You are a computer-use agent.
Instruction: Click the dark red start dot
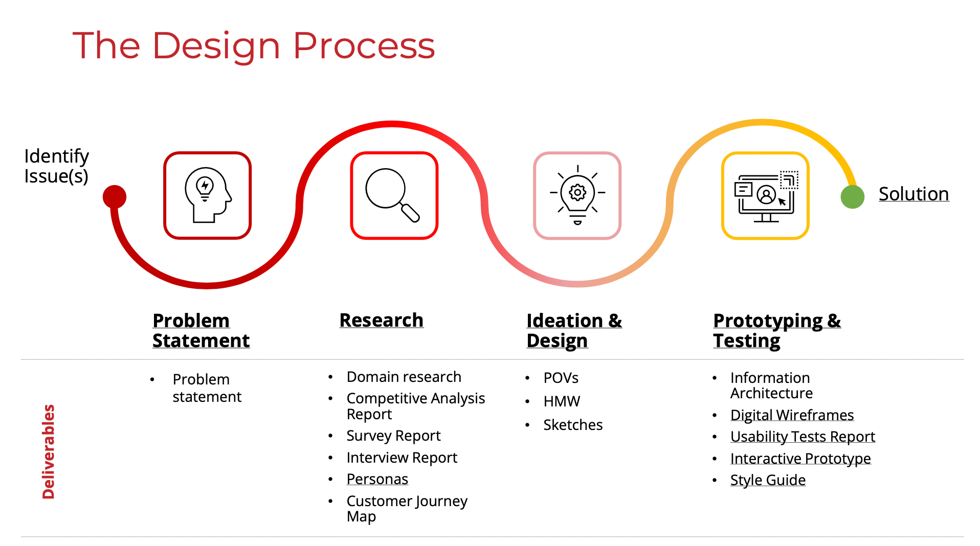pos(115,197)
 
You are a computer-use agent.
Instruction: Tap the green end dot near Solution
pos(853,197)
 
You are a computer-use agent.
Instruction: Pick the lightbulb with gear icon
pos(577,195)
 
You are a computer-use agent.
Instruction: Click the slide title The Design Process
pos(254,46)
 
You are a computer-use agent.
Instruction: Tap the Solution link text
pos(914,194)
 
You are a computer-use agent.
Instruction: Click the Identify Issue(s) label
pos(57,166)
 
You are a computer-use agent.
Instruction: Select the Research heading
pos(382,320)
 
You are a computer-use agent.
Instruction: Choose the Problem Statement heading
pos(201,330)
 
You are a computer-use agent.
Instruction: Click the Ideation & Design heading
pos(574,330)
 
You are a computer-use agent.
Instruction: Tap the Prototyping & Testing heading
pos(777,330)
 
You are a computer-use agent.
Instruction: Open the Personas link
pos(377,479)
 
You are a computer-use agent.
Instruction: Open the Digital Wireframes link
pos(792,415)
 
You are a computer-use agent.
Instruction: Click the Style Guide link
pos(768,480)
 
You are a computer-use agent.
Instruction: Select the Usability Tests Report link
pos(803,437)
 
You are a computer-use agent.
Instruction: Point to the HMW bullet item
pos(562,401)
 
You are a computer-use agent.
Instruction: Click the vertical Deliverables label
pos(49,451)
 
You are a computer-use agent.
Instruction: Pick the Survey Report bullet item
pos(393,436)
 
